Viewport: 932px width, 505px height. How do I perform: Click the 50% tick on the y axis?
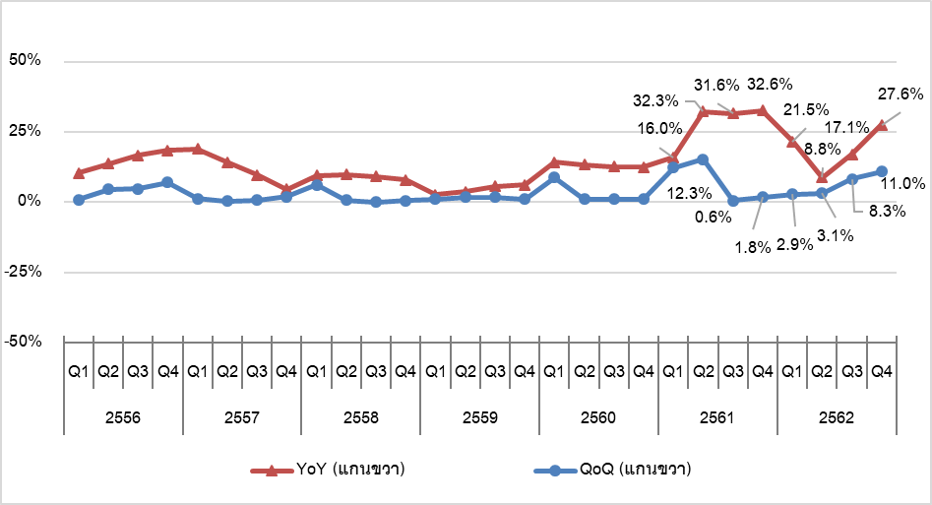(24, 61)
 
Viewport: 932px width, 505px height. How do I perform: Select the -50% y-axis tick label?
(22, 342)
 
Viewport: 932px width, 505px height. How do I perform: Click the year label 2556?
(123, 417)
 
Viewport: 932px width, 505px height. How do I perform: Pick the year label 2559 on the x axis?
(480, 417)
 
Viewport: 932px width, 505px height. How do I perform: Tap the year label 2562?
(837, 417)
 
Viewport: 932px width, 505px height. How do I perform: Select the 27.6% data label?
(901, 95)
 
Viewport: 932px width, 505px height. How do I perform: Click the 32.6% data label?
(771, 84)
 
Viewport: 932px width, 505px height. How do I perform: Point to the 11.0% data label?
(901, 183)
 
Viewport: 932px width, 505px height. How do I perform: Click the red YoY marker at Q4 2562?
(882, 125)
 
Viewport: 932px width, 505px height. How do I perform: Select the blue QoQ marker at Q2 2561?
(703, 158)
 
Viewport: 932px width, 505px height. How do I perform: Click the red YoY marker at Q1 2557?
(197, 149)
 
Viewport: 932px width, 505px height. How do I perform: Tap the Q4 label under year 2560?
(644, 372)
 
